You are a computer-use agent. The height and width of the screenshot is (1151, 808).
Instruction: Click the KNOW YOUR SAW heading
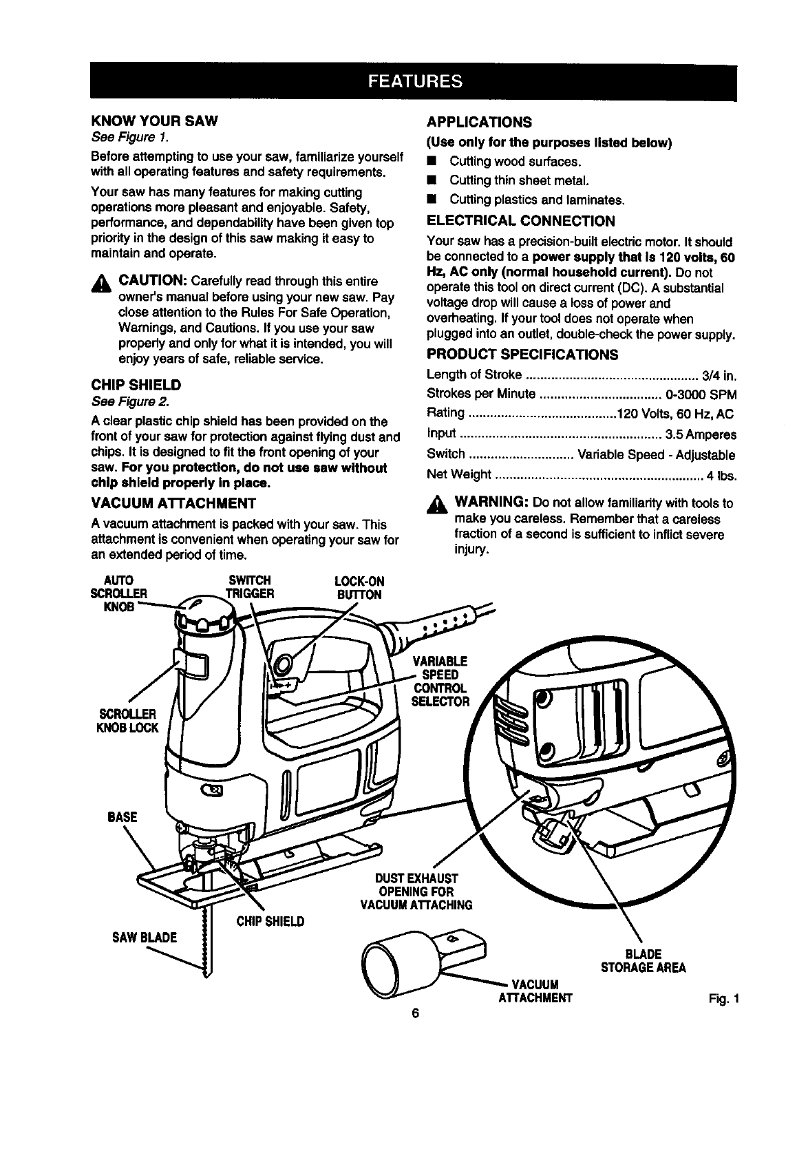(x=154, y=121)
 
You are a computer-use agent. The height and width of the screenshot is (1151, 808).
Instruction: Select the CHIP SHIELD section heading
(x=136, y=384)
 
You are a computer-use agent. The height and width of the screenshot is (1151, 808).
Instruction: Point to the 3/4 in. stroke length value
(x=719, y=375)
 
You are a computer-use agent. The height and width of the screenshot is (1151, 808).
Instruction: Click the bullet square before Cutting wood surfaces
(x=431, y=162)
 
